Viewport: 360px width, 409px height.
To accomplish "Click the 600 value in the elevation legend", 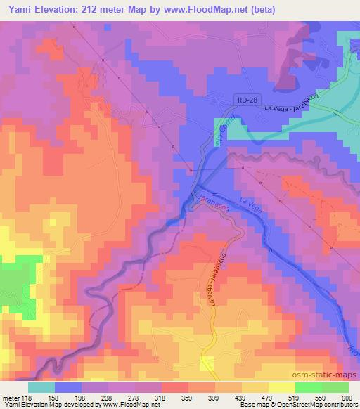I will [x=347, y=397].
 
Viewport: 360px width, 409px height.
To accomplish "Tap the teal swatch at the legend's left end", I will [x=42, y=387].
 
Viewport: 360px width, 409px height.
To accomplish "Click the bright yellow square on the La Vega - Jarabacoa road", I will [x=207, y=363].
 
